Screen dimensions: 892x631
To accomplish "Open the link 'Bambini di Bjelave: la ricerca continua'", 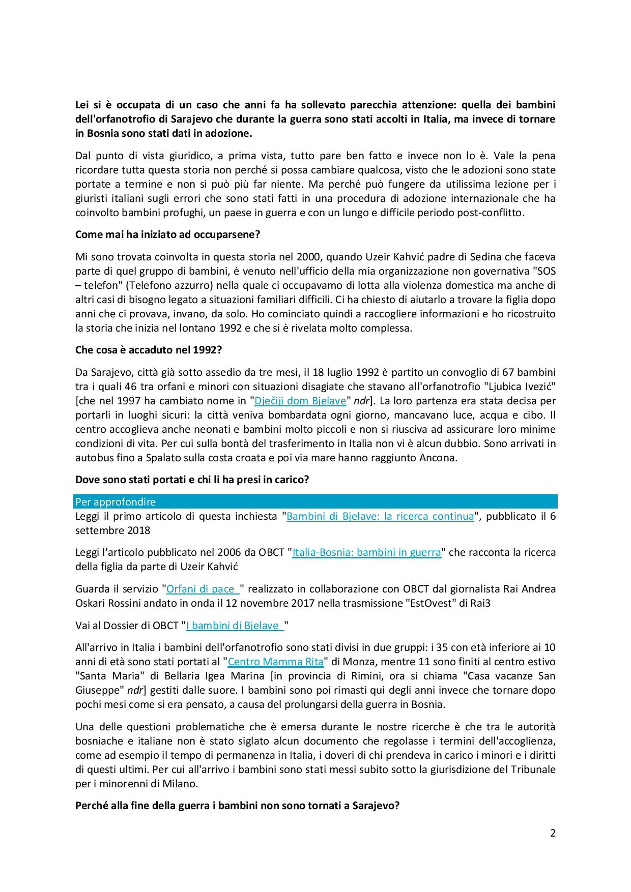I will (x=380, y=516).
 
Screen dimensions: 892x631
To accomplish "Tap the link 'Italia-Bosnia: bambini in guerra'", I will (x=366, y=552).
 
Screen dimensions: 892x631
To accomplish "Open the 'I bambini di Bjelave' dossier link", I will (x=234, y=626).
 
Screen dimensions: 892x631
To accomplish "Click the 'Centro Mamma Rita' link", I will (x=275, y=662).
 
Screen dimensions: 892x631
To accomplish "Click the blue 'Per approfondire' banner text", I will (x=116, y=502).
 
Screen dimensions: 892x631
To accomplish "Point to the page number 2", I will (x=553, y=833).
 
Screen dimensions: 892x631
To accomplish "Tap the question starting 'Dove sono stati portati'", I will (x=192, y=479).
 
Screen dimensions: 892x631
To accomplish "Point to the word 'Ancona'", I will (x=439, y=458).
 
